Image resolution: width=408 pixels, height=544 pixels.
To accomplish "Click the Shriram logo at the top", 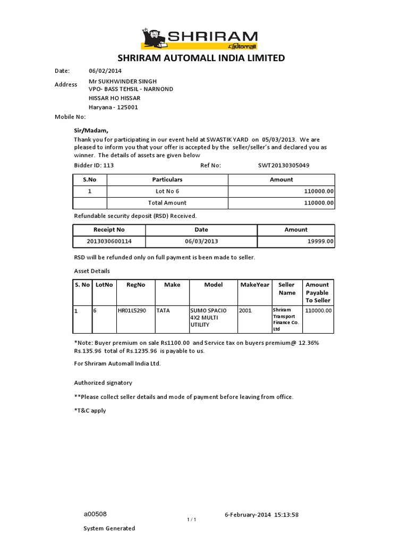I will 199,39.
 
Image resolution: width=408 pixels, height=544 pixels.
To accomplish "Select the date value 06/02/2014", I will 104,71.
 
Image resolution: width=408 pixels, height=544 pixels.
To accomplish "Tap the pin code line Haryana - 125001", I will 113,107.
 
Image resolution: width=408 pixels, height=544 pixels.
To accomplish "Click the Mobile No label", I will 70,116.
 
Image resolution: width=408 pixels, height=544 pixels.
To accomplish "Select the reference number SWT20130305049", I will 284,165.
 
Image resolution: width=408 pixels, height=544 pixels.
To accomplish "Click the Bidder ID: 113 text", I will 93,165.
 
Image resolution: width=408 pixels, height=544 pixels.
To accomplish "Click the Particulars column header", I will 167,180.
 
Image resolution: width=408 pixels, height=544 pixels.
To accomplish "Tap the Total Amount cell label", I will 167,202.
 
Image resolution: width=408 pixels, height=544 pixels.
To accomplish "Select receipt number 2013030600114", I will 109,241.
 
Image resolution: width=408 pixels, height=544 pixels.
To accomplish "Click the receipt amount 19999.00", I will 321,241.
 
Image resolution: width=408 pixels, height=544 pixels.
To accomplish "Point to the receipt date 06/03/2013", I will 201,241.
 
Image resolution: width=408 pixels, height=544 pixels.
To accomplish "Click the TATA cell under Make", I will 163,311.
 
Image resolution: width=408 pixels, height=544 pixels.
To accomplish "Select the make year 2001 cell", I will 245,311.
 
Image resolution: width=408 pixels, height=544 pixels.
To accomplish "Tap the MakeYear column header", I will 254,285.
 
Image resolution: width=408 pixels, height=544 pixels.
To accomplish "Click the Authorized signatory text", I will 103,382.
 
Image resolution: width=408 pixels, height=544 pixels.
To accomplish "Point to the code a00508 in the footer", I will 95,514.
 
